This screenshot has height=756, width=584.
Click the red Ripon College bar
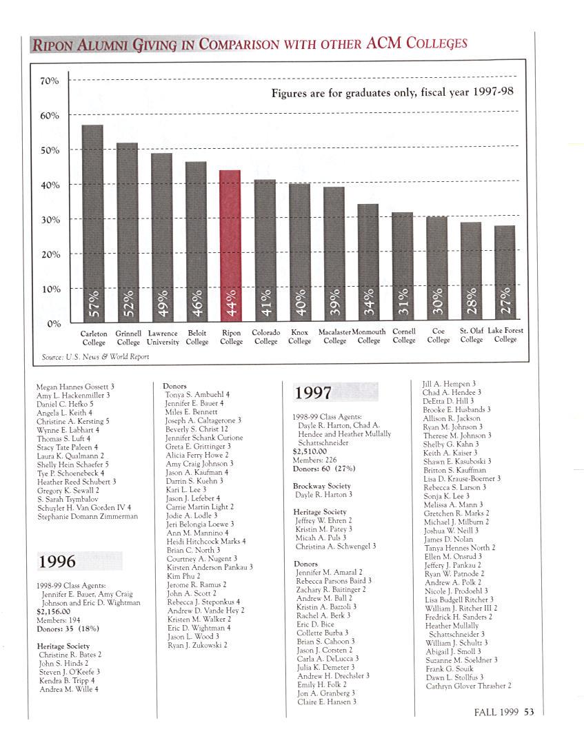tap(230, 245)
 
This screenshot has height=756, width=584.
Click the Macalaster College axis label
tap(335, 336)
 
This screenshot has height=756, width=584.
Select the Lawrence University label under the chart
tap(163, 336)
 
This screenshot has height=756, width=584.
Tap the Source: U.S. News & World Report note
tap(95, 357)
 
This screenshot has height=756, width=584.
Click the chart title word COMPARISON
tap(239, 45)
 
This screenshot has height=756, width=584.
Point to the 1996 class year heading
tap(57, 561)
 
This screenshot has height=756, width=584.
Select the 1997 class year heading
tap(314, 393)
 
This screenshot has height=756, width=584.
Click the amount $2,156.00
tap(53, 611)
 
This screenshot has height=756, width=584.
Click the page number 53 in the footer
tap(529, 713)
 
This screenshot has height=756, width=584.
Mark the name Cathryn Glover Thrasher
tap(469, 686)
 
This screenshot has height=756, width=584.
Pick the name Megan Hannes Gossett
tap(70, 387)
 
